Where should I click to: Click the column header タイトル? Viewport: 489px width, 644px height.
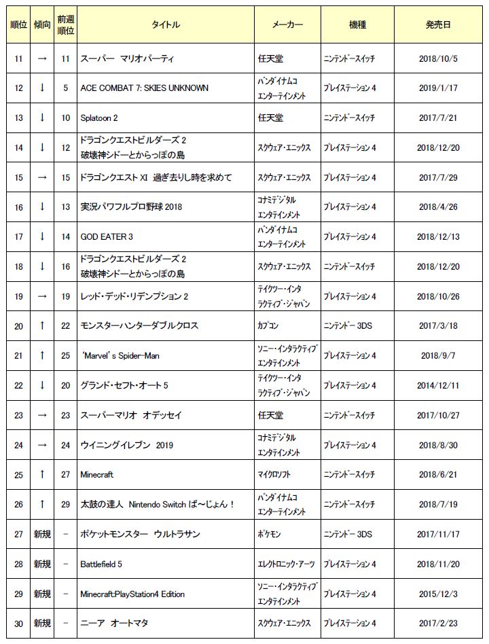point(165,25)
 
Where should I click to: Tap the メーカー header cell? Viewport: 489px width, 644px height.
point(287,25)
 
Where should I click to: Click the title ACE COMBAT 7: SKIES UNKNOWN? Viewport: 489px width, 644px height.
point(144,88)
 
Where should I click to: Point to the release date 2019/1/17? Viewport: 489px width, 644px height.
point(438,88)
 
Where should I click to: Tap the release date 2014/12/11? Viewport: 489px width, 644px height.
point(438,385)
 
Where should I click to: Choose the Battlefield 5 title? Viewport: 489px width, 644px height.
point(101,564)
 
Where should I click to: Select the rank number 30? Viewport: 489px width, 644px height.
point(18,623)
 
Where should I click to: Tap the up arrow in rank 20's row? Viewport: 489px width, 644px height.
point(42,326)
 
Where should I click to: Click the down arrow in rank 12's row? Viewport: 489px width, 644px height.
point(42,88)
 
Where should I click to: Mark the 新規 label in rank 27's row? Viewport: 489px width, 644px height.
point(42,534)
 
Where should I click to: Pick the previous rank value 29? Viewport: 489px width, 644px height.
point(65,504)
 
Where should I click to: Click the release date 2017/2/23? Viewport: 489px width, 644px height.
point(438,623)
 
